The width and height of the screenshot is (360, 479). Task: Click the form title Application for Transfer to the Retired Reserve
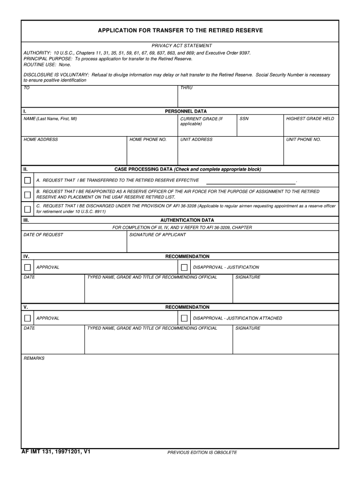tap(180, 30)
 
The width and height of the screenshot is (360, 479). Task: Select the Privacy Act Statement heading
tap(181, 46)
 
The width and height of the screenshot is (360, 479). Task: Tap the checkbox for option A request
tap(28, 181)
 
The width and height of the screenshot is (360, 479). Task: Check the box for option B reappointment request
tap(28, 195)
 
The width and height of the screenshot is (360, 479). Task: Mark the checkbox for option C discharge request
tap(28, 209)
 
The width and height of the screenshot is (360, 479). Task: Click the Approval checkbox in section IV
tap(28, 268)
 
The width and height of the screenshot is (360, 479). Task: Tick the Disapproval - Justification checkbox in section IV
tap(184, 268)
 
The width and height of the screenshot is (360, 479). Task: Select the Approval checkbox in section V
tap(28, 319)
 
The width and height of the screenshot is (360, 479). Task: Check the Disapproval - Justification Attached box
tap(184, 319)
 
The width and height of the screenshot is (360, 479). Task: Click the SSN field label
tap(244, 119)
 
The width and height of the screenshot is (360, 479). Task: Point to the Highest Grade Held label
tap(310, 119)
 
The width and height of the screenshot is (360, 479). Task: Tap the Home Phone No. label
tap(148, 140)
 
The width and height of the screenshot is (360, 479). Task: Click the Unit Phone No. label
tap(303, 140)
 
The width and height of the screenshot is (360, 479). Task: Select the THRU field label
tap(186, 88)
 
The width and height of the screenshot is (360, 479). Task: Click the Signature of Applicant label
tap(157, 235)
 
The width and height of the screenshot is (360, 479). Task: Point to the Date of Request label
tap(43, 235)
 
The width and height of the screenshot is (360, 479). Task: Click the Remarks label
tap(34, 358)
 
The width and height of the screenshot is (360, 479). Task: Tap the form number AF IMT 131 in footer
tap(56, 452)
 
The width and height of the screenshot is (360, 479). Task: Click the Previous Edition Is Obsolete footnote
tap(202, 453)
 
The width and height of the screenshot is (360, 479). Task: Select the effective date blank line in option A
tap(251, 182)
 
